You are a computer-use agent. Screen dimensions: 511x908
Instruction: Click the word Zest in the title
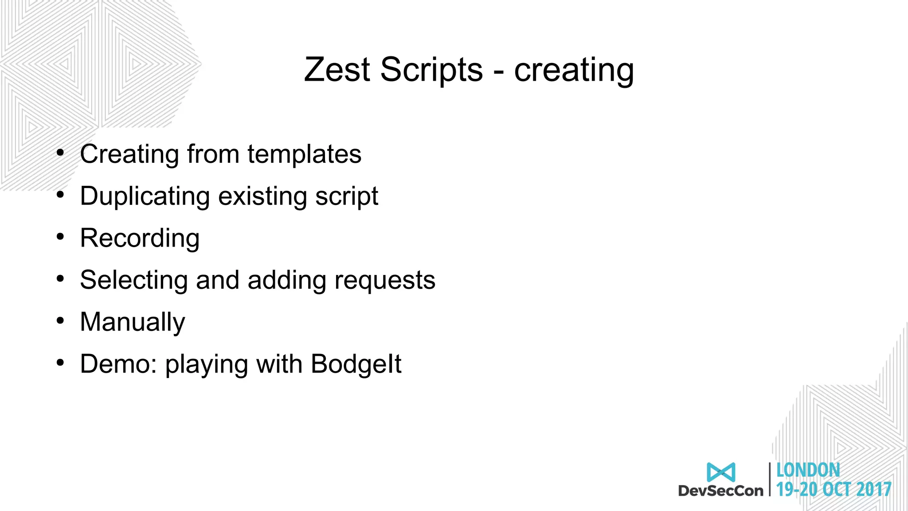coord(337,70)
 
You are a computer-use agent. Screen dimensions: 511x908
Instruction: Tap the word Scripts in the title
coord(431,70)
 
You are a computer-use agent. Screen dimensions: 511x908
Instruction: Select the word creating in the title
coord(574,71)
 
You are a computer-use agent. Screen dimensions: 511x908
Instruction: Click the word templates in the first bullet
coord(304,154)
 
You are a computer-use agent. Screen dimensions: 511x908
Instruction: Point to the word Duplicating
coord(145,196)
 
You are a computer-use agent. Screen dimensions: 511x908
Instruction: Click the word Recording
coord(140,239)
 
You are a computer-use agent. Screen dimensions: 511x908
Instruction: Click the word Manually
coord(133,322)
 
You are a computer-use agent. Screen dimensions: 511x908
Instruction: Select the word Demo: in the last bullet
coord(118,364)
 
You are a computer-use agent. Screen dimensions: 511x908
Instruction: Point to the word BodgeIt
coord(356,364)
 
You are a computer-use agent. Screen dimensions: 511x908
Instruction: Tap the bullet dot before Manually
coord(61,320)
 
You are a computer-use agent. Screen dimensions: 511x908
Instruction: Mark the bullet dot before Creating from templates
coord(61,153)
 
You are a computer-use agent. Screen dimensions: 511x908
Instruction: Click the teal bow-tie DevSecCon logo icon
coord(721,472)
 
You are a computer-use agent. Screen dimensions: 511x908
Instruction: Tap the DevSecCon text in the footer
coord(721,491)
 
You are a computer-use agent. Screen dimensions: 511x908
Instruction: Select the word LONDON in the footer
coord(808,470)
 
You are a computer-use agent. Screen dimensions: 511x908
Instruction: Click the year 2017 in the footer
coord(874,489)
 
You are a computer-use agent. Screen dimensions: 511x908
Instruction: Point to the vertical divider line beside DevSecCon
coord(770,479)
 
